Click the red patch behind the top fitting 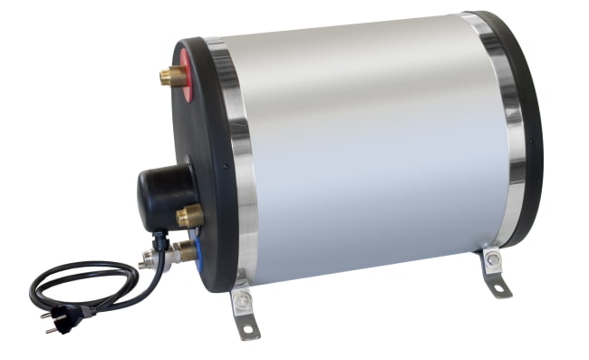pos(186,73)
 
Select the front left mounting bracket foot pos(245,313)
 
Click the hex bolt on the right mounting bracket pos(492,261)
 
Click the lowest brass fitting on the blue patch pos(183,250)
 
